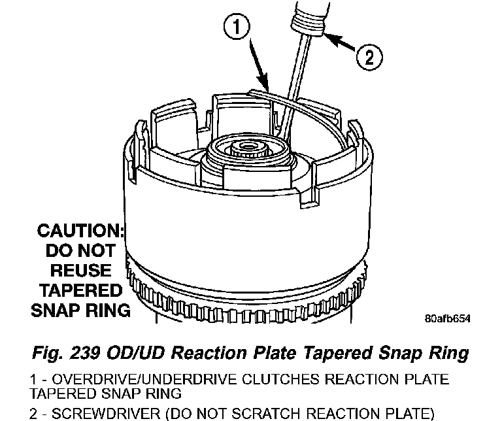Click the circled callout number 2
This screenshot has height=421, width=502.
[x=369, y=58]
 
